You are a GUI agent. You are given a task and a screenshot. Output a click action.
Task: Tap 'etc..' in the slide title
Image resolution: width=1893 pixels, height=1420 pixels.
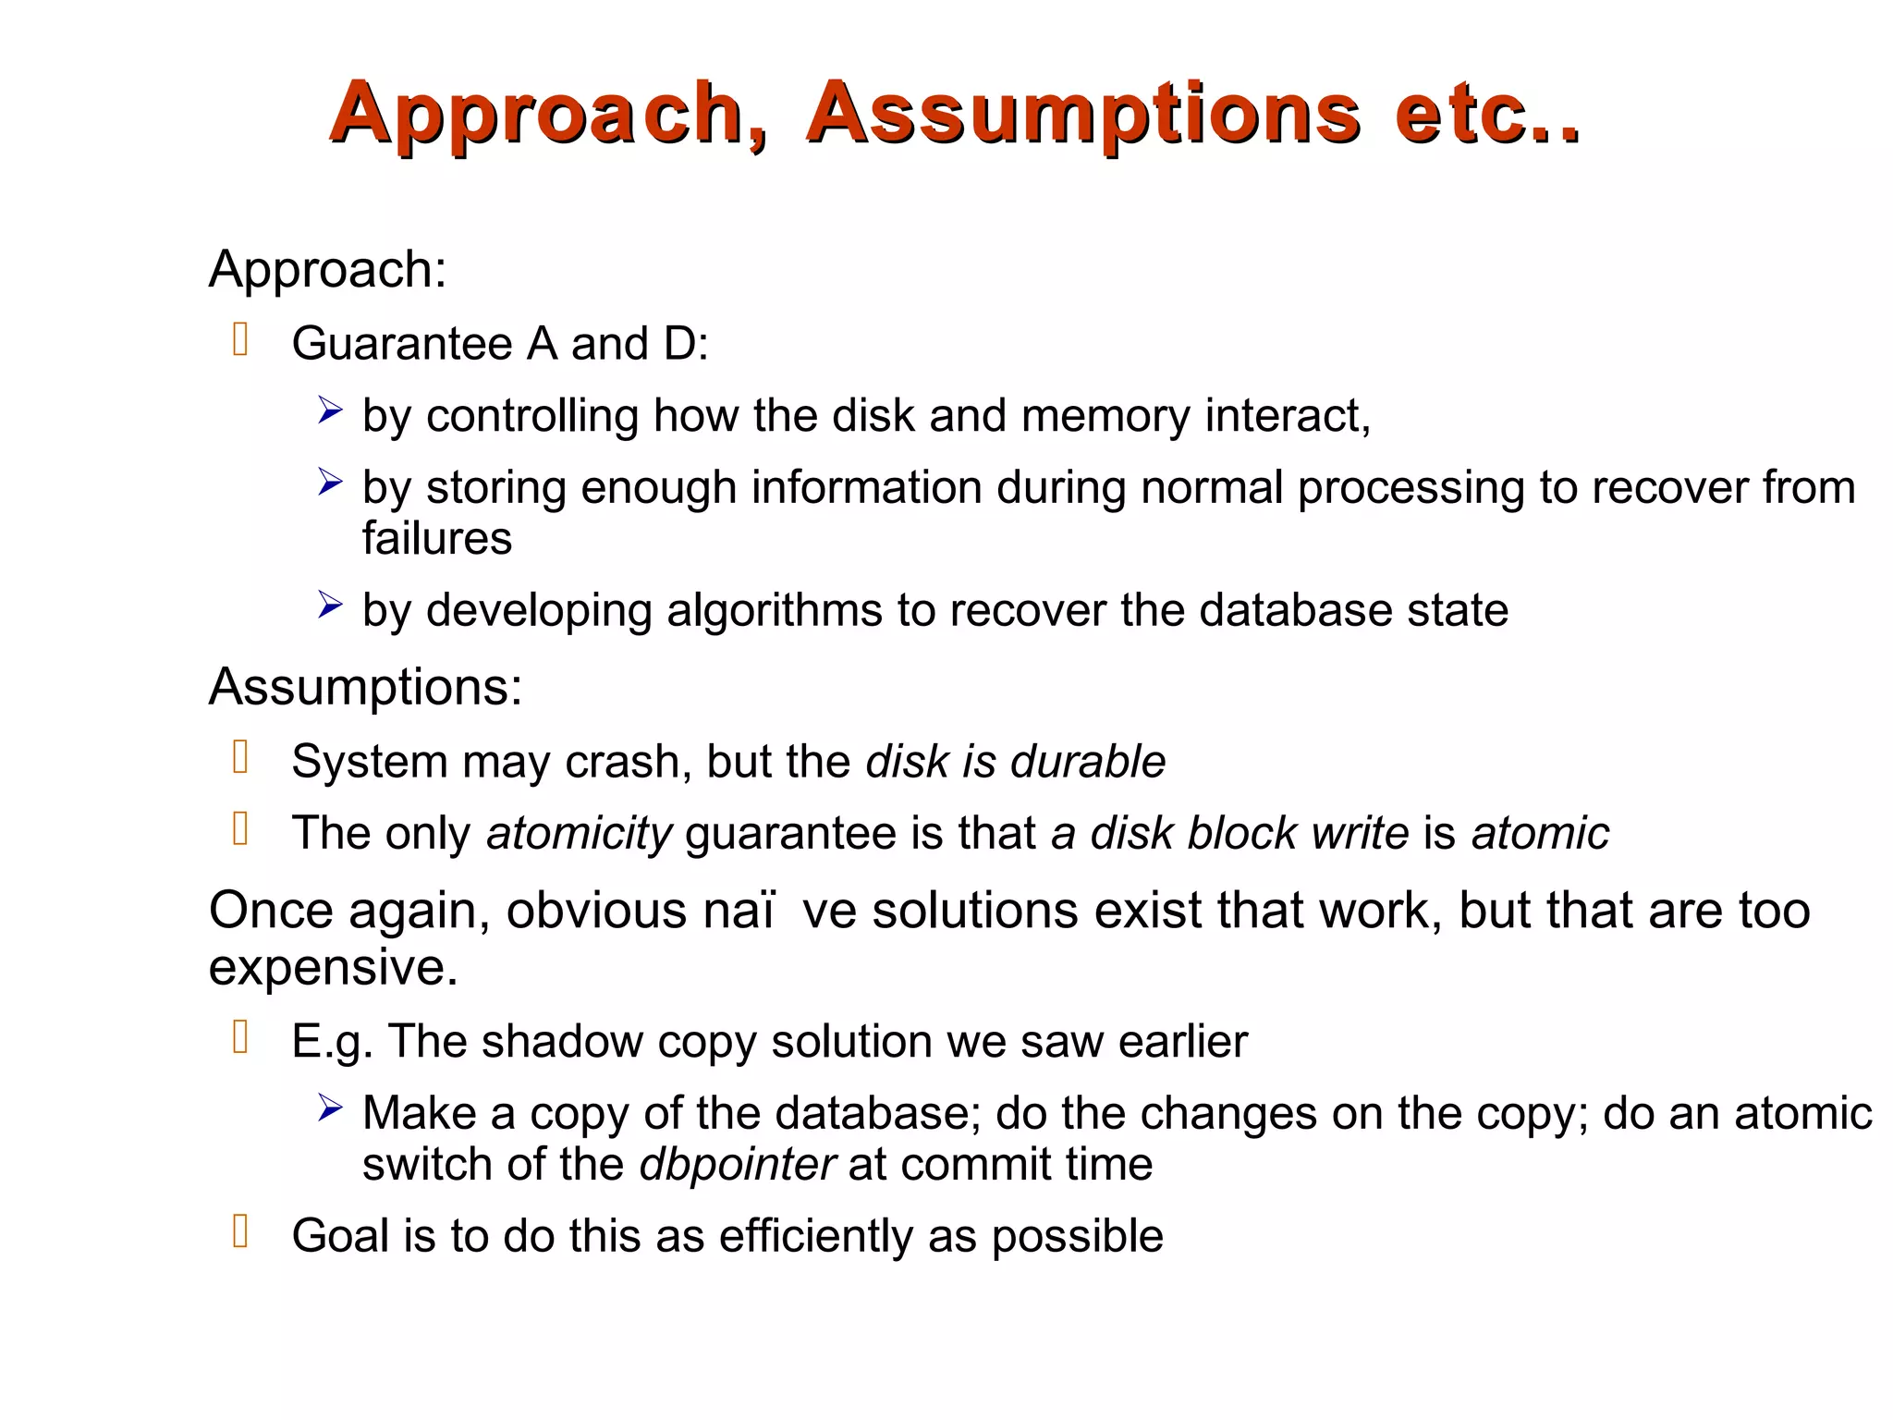1488,115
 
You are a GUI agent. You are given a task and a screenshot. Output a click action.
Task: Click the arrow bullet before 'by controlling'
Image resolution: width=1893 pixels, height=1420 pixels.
330,410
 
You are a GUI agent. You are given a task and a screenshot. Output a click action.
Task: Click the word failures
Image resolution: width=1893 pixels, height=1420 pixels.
436,538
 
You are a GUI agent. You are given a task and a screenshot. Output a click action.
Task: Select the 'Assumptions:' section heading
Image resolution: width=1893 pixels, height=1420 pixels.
366,688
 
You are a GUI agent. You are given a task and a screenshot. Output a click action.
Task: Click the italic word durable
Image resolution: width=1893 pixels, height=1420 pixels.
1087,762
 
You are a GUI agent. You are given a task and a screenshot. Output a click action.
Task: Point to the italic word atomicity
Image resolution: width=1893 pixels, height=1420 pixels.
579,834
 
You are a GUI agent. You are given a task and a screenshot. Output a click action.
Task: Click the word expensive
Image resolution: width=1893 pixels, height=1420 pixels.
333,968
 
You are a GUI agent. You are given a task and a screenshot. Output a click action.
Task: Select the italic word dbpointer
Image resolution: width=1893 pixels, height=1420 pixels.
737,1164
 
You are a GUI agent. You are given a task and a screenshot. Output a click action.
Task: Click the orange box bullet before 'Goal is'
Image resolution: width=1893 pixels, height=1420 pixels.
241,1231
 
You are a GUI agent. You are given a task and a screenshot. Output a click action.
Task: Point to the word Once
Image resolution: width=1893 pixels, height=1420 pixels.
271,911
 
